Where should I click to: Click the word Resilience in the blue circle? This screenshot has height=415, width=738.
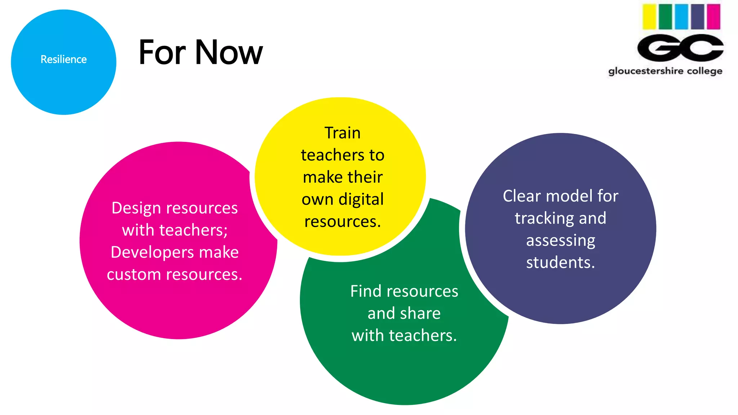63,59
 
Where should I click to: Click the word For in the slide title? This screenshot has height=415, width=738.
162,53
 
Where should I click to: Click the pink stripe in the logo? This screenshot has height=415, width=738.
713,17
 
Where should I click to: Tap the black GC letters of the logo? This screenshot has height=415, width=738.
680,48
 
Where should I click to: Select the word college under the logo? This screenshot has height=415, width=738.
704,71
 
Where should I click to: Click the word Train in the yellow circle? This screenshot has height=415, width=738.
342,133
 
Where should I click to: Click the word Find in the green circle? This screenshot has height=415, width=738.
366,291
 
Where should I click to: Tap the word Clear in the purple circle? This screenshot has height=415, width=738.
522,196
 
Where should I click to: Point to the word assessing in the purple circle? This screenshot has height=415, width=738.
561,241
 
